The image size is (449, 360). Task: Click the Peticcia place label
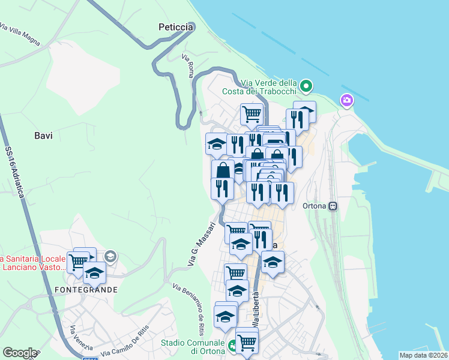176,27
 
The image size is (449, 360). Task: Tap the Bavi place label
43,136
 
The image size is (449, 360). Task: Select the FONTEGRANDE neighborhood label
86,289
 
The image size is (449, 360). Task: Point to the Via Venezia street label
80,338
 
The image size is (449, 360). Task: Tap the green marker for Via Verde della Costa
306,87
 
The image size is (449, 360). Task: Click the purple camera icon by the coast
346,100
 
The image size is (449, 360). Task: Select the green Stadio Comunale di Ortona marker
232,346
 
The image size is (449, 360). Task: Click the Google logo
19,353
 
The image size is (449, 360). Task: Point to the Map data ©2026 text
423,355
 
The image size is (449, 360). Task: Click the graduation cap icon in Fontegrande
94,273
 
